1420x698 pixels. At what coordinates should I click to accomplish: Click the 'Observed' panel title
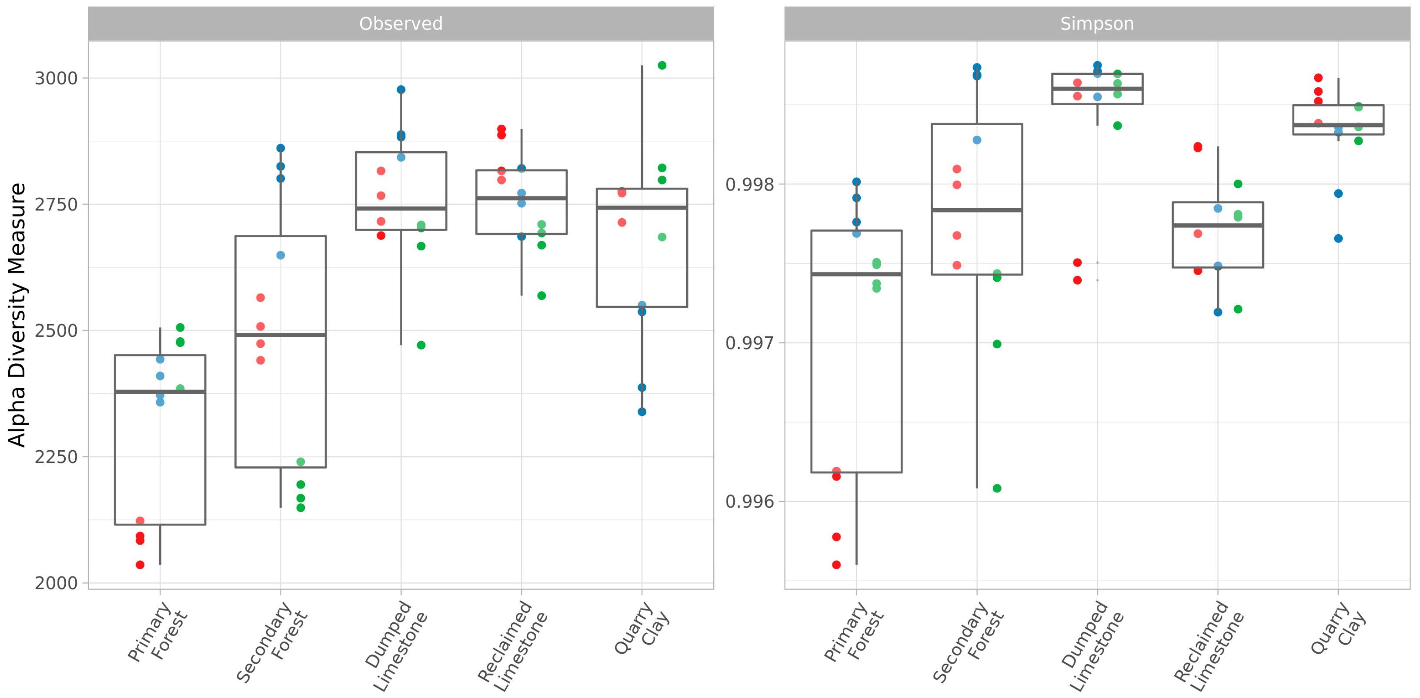[401, 24]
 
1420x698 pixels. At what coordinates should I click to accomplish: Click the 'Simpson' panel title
[1096, 24]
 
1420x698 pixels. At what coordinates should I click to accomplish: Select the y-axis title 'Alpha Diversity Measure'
[18, 315]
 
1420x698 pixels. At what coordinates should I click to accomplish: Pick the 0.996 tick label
[750, 501]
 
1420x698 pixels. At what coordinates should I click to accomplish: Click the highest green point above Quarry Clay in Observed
[662, 66]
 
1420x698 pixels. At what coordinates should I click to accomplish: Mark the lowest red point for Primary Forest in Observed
[140, 565]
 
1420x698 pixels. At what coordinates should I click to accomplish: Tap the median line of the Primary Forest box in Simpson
[856, 274]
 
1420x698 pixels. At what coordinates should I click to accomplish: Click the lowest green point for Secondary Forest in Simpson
[997, 488]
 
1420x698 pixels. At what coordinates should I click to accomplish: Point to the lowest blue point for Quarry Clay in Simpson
[1338, 239]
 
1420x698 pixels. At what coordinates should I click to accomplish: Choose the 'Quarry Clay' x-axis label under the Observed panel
[642, 628]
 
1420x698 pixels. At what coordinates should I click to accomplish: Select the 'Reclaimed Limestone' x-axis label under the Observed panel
[513, 645]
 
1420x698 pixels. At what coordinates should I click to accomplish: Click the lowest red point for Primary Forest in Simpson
[836, 565]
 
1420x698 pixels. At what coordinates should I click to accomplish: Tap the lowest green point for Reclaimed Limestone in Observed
[541, 296]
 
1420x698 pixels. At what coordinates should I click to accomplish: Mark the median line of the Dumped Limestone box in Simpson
[1097, 89]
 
